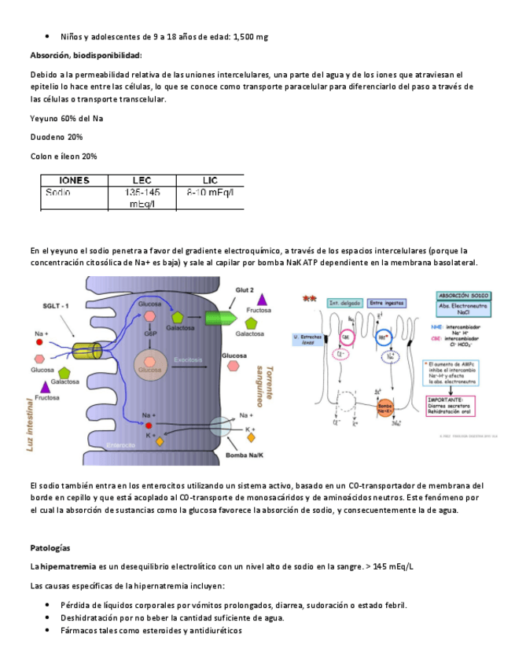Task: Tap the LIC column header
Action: point(210,180)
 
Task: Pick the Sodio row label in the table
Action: point(58,192)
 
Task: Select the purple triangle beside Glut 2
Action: point(262,298)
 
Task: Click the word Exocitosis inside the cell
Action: point(189,359)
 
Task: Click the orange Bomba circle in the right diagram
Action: point(384,408)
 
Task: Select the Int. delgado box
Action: point(344,302)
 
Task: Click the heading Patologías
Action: point(50,547)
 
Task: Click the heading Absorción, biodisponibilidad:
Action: point(86,55)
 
